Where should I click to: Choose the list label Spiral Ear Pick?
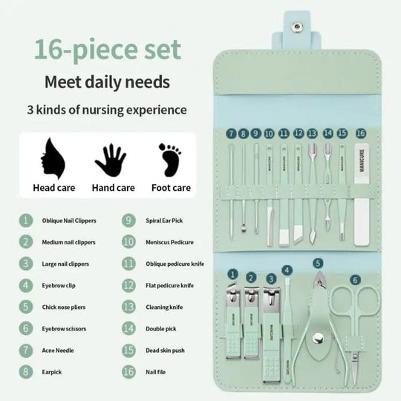[165, 221]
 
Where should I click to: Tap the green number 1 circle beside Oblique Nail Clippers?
[26, 221]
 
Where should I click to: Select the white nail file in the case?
[362, 189]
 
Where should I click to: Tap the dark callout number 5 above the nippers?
[318, 263]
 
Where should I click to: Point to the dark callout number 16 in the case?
[362, 133]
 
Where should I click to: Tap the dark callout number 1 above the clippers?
[232, 275]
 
